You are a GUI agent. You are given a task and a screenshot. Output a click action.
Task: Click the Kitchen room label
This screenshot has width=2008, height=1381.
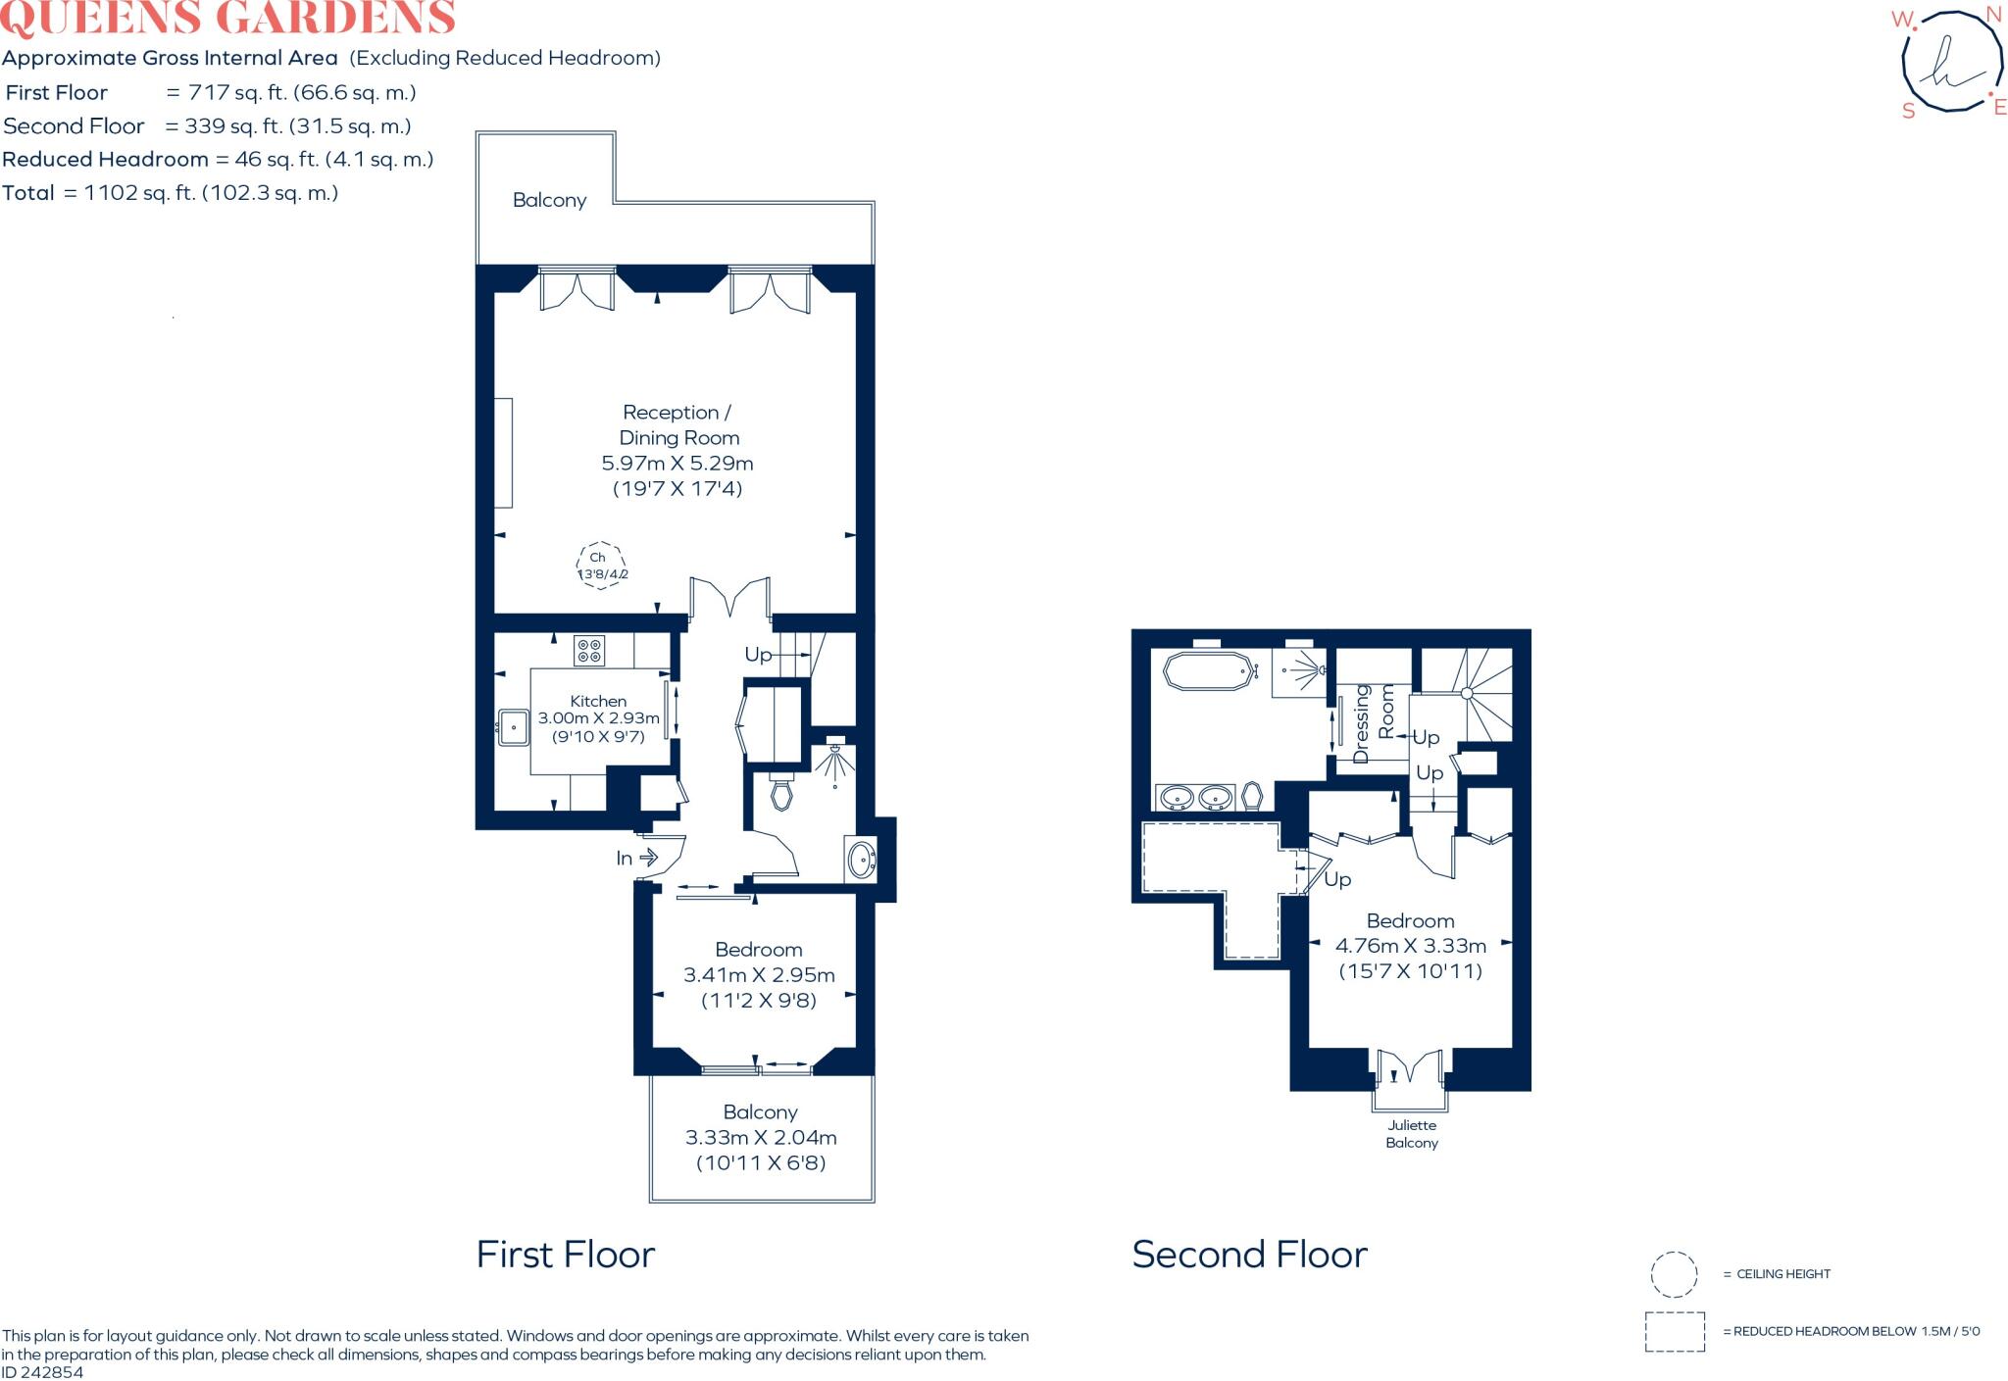coord(598,701)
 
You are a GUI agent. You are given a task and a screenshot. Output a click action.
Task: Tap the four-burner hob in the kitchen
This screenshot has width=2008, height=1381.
coord(589,651)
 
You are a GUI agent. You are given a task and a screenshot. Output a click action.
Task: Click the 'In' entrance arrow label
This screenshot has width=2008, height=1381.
coord(625,859)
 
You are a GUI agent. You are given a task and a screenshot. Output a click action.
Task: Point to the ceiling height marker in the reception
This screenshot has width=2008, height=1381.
coord(600,566)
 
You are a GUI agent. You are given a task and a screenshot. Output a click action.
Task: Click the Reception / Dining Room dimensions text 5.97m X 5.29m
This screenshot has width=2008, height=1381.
coord(677,463)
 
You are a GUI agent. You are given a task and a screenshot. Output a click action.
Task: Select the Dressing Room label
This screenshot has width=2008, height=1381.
coord(1373,723)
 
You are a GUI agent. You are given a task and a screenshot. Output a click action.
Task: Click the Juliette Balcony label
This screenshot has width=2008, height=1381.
coord(1412,1134)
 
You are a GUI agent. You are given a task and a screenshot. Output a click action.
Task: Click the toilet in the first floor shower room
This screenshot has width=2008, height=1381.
coord(781,793)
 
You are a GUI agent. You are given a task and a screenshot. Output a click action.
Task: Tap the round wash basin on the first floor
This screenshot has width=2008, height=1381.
coord(861,860)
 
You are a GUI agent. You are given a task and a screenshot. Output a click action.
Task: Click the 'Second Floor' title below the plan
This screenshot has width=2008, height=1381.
coord(1249,1255)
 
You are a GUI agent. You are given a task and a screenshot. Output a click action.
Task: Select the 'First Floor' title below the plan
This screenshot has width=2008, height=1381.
coord(566,1255)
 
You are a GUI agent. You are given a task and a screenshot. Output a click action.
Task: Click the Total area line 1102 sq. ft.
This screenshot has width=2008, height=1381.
coord(171,193)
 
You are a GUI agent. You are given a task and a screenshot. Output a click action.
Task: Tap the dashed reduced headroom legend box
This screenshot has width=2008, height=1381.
coord(1675,1332)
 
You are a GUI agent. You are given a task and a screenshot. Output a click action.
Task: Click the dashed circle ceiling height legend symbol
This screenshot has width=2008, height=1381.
coord(1674,1274)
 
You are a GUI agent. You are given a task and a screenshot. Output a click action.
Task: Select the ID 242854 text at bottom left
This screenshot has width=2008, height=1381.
coord(43,1372)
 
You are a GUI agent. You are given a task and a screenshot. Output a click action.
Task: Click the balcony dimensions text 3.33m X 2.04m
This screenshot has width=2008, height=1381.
coord(761,1138)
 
